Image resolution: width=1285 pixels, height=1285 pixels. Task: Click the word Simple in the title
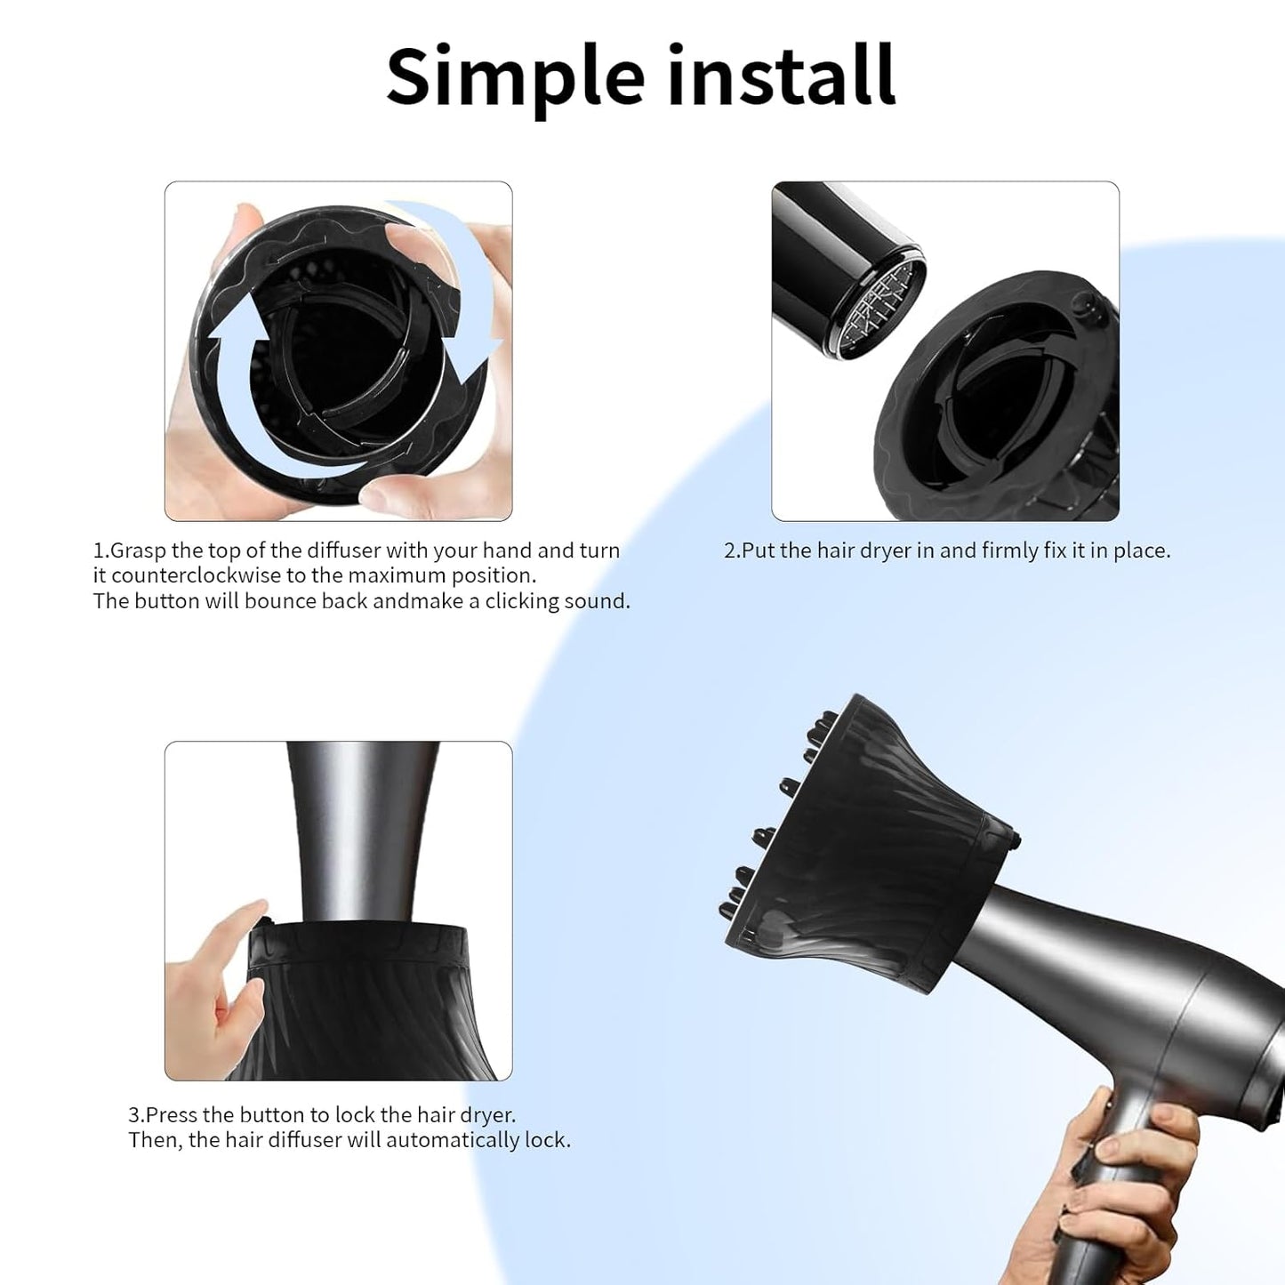[515, 77]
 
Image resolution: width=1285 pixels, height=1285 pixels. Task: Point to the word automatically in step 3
[454, 1140]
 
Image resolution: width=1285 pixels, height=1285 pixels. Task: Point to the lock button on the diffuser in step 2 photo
[1084, 307]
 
